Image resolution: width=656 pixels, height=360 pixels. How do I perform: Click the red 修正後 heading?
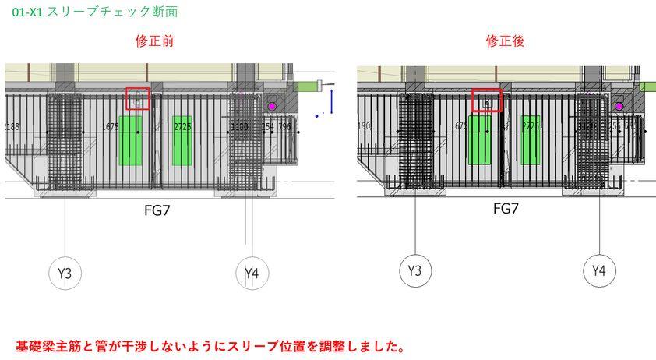pyautogui.click(x=506, y=41)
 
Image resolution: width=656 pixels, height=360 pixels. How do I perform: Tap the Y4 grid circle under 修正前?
pyautogui.click(x=252, y=273)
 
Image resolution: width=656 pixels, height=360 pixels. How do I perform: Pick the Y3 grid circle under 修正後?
pyautogui.click(x=414, y=270)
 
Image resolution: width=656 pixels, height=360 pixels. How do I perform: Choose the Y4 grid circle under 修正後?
pyautogui.click(x=599, y=270)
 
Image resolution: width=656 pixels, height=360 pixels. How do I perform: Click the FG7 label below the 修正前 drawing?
pyautogui.click(x=158, y=210)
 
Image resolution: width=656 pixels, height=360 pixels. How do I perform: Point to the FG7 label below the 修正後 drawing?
pyautogui.click(x=506, y=208)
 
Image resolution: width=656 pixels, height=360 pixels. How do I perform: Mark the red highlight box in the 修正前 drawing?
pyautogui.click(x=138, y=99)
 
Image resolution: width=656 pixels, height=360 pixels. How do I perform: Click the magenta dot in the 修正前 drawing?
pyautogui.click(x=272, y=105)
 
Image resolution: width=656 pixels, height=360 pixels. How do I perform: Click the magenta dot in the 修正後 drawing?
pyautogui.click(x=619, y=106)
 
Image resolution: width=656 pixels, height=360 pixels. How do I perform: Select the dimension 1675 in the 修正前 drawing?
pyautogui.click(x=111, y=126)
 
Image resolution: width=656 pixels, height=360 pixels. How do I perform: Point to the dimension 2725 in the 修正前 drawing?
pyautogui.click(x=182, y=126)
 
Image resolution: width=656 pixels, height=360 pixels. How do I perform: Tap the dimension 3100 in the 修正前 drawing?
pyautogui.click(x=239, y=126)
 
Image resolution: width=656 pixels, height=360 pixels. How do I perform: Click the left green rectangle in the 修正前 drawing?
pyautogui.click(x=130, y=141)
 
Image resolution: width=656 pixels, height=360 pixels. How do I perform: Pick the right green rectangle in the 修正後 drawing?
pyautogui.click(x=531, y=140)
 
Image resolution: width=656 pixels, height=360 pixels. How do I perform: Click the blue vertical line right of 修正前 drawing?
pyautogui.click(x=331, y=101)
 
